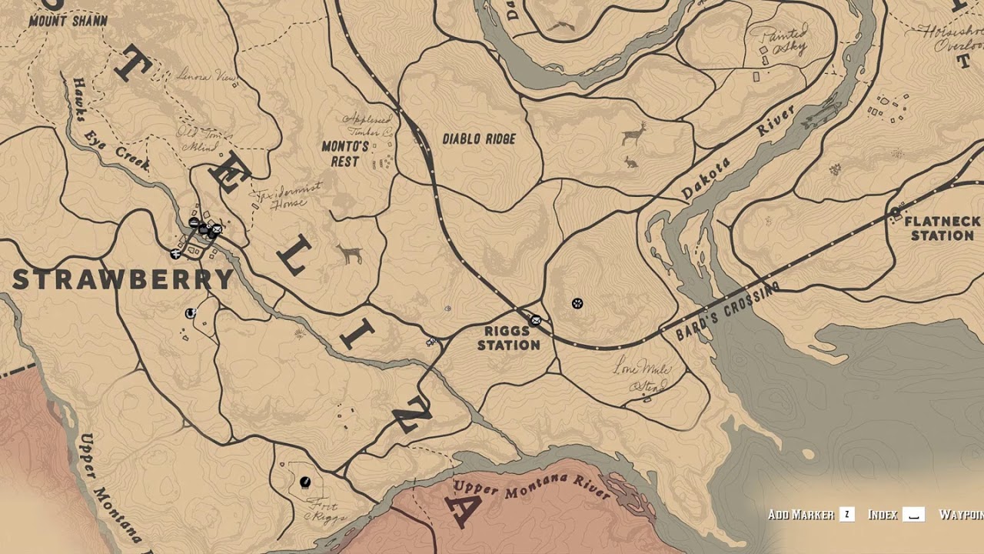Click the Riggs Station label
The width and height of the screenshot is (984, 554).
coord(508,338)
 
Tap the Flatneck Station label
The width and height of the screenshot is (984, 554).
coord(942,229)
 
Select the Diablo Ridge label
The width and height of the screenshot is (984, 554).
coord(479,139)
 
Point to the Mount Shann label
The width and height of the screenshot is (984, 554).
coord(68,21)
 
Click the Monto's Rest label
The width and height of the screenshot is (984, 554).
coord(345,154)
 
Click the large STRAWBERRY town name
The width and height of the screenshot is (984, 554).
coord(122,280)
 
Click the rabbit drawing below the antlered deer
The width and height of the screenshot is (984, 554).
coord(630,162)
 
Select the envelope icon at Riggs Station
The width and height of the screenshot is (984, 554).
coord(535,319)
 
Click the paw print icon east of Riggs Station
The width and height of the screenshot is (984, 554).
coord(577,304)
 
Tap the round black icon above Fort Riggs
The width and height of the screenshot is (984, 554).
coord(305,482)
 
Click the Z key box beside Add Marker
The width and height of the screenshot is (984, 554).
coord(846,514)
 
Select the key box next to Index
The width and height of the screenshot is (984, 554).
coord(913,514)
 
